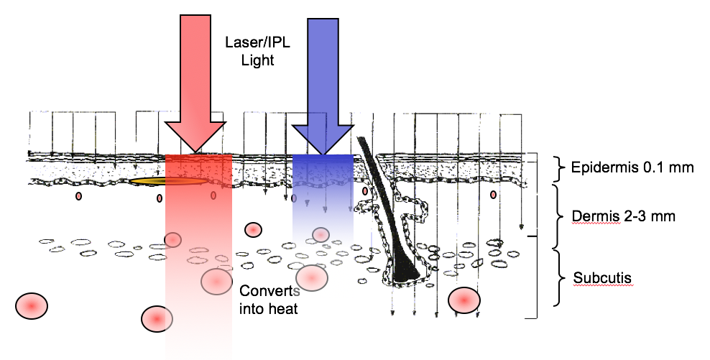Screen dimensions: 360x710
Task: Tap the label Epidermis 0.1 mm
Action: point(632,168)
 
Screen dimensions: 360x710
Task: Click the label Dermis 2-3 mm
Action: point(623,216)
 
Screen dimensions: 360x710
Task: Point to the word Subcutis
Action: point(597,277)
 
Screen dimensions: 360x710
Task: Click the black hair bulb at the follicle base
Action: point(406,270)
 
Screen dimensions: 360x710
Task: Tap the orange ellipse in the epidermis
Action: point(166,182)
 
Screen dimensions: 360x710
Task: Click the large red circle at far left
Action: point(32,306)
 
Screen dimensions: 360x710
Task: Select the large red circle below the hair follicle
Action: point(464,299)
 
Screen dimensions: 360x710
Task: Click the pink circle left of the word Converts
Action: point(216,281)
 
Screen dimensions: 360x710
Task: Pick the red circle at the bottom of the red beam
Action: point(157,318)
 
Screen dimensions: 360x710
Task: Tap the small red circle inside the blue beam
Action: point(321,234)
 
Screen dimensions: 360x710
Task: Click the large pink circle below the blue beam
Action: point(312,277)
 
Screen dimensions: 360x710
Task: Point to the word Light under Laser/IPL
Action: point(258,60)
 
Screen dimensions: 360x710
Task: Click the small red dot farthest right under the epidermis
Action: point(493,195)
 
